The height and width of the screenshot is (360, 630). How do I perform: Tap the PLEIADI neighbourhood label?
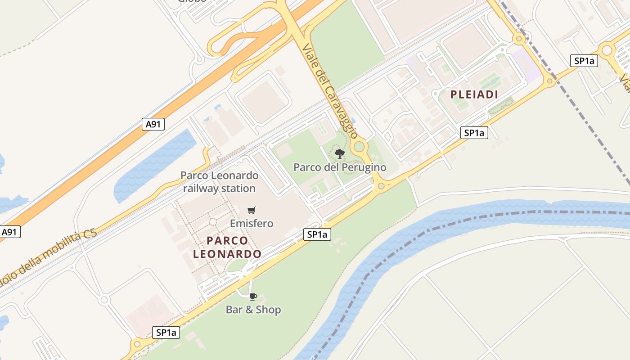pyautogui.click(x=474, y=94)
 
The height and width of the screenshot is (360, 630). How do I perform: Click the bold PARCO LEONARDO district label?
pyautogui.click(x=227, y=247)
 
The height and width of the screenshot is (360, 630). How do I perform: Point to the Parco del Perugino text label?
pyautogui.click(x=340, y=168)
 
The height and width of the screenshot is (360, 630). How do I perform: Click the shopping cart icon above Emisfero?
pyautogui.click(x=252, y=210)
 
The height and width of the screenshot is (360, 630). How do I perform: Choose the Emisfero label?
pyautogui.click(x=252, y=223)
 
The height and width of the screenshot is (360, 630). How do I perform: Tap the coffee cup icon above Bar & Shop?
pyautogui.click(x=253, y=296)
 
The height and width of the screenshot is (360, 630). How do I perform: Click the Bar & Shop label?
pyautogui.click(x=253, y=310)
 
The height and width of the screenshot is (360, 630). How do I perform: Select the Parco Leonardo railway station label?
pyautogui.click(x=220, y=182)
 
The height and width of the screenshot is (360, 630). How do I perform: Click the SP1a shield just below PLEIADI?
pyautogui.click(x=474, y=133)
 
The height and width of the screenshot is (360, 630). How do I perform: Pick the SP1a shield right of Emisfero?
pyautogui.click(x=317, y=234)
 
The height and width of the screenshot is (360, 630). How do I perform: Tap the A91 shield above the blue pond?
pyautogui.click(x=153, y=124)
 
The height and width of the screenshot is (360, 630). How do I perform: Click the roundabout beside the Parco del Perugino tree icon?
pyautogui.click(x=359, y=146)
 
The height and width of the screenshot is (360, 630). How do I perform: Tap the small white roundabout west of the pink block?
pyautogui.click(x=104, y=299)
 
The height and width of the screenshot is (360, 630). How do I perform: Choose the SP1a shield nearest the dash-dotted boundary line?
pyautogui.click(x=584, y=61)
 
